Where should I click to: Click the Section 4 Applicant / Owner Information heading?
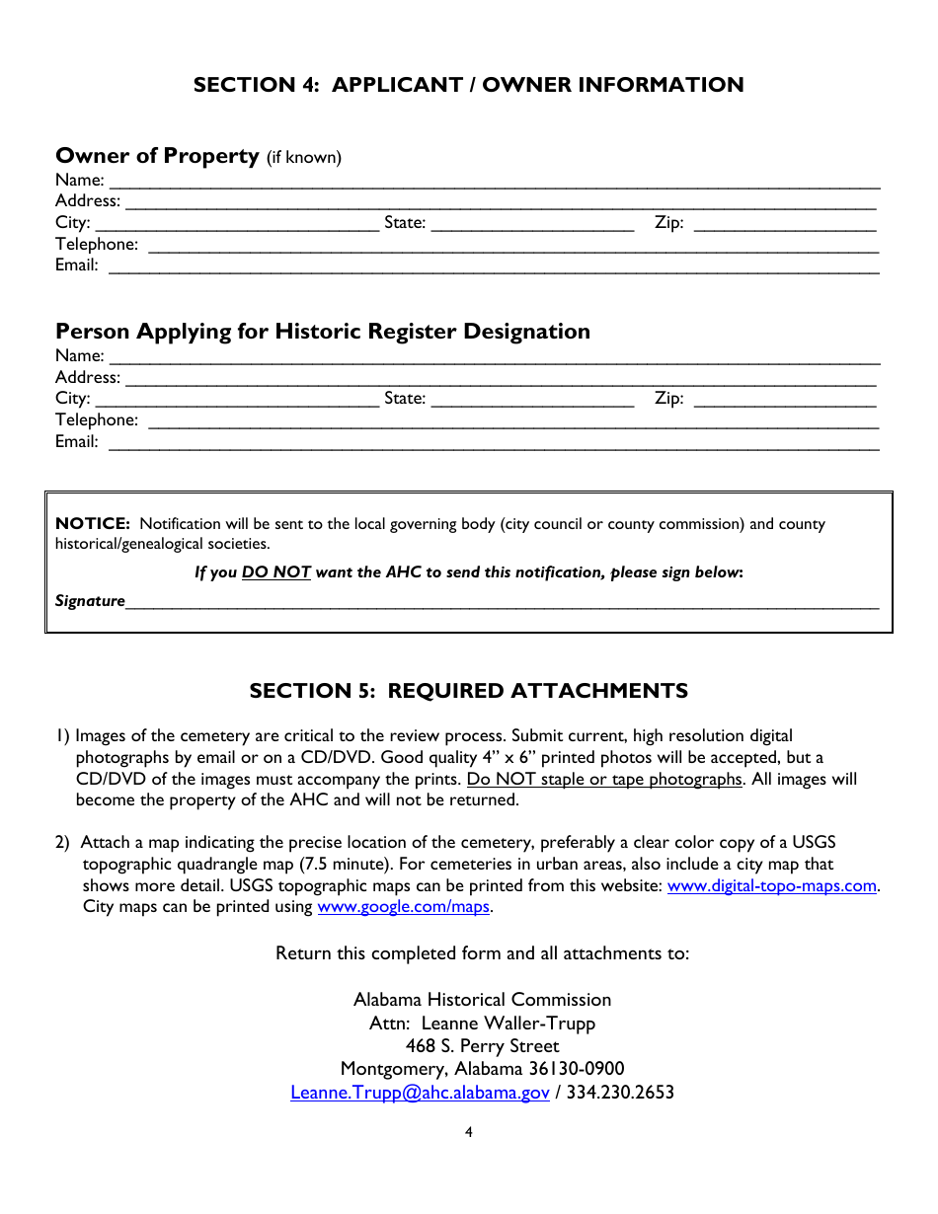point(468,85)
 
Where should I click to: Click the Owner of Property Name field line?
point(494,181)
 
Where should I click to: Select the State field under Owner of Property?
point(532,224)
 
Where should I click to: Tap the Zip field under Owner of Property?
point(784,224)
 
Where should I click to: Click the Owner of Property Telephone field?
point(512,245)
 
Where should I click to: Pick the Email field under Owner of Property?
point(493,266)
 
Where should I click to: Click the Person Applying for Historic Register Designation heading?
point(323,332)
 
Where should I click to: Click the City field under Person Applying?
point(237,400)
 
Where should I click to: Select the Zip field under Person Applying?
point(784,400)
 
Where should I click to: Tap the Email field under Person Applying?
point(493,442)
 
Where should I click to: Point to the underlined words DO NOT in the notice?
point(276,572)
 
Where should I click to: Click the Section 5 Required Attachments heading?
point(468,691)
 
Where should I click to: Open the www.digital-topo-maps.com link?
point(772,885)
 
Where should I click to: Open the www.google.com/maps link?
point(403,906)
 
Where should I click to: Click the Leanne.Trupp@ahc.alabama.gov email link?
point(420,1093)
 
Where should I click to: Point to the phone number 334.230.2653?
point(620,1093)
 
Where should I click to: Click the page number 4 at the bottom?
point(469,1132)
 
